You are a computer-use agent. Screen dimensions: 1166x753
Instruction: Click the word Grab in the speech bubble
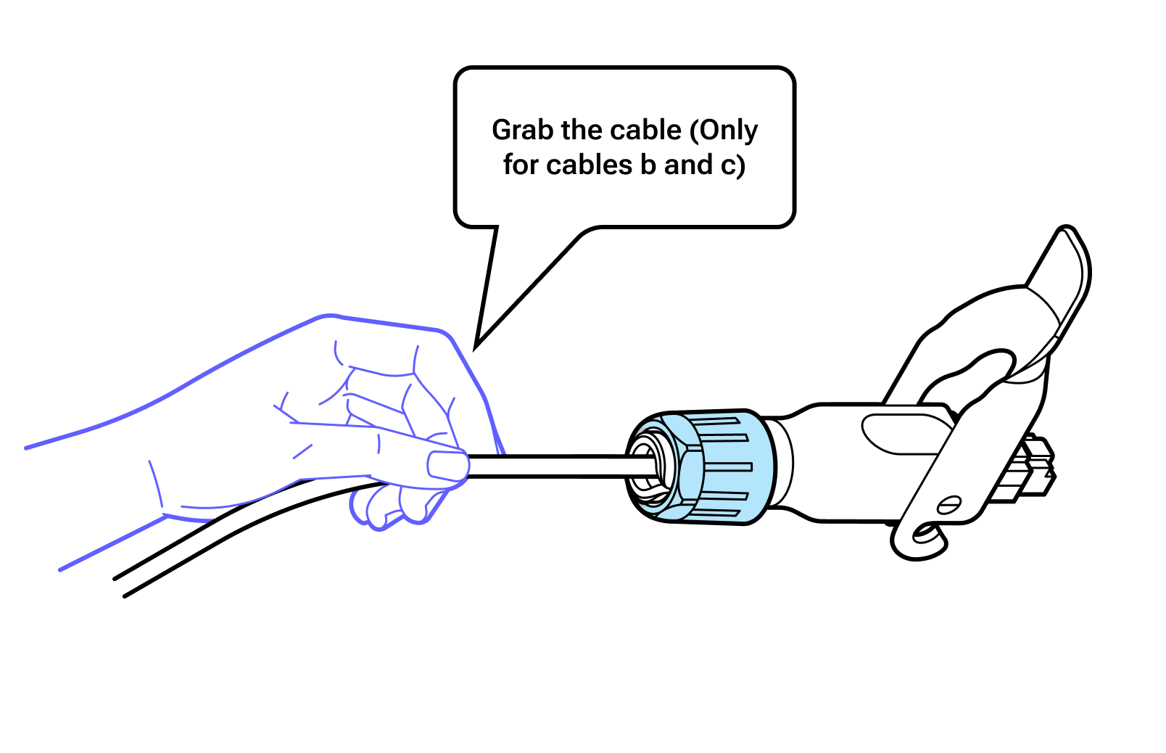pos(523,130)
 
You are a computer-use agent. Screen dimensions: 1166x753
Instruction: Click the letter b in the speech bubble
pos(648,165)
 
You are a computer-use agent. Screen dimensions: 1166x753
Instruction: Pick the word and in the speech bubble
pos(688,165)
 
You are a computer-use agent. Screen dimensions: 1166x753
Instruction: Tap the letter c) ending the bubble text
pos(733,165)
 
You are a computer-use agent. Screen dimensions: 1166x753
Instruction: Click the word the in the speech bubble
pos(582,130)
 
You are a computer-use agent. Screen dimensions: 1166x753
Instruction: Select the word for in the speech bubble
pos(521,165)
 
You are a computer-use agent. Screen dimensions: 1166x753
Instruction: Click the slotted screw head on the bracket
pos(949,505)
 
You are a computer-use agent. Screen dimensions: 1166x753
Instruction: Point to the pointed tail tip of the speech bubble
pos(476,348)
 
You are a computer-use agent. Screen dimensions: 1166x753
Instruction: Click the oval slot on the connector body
pos(906,434)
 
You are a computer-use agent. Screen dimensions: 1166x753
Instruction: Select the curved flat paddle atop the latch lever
pos(1062,292)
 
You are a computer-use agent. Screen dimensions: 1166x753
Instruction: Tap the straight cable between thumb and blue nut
pos(560,466)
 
